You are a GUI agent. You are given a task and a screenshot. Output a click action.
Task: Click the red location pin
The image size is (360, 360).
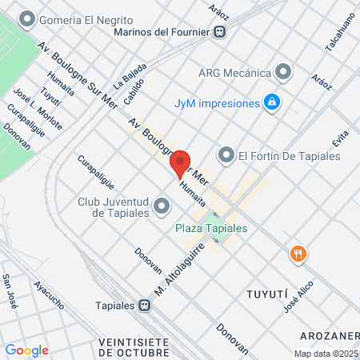pos(181,163)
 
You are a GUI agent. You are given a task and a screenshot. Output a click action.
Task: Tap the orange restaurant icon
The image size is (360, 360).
pos(298,254)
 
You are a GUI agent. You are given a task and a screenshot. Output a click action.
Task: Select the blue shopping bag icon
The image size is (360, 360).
pos(272,102)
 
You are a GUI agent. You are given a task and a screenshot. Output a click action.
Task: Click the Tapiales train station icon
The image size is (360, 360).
pos(144,304)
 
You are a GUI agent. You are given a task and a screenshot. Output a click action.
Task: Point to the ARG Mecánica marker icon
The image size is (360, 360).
pos(282,71)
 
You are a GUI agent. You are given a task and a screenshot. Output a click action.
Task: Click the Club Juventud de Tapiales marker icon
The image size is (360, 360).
pos(162,207)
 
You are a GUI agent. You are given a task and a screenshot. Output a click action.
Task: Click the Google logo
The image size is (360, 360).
pos(26,350)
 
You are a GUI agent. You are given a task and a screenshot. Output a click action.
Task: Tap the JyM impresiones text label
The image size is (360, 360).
pos(218,103)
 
